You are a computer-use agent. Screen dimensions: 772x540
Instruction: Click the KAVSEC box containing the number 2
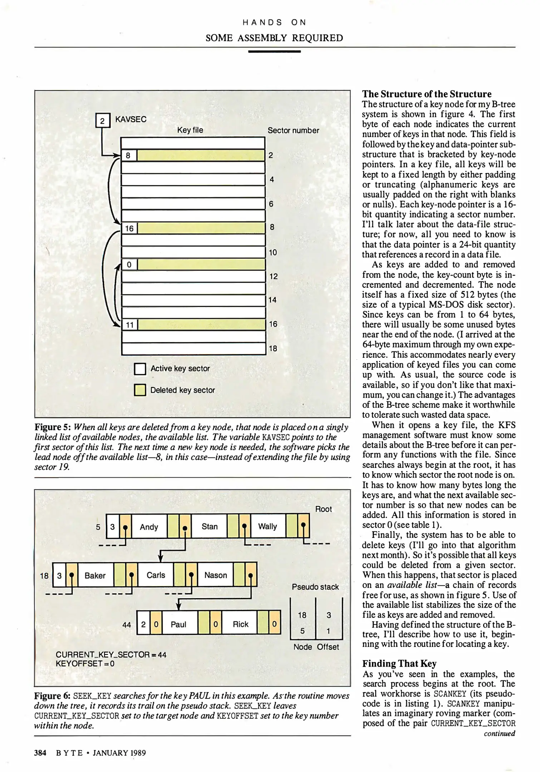click(102, 120)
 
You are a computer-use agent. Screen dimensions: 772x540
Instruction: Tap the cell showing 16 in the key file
click(129, 228)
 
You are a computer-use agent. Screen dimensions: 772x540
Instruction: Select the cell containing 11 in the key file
click(129, 325)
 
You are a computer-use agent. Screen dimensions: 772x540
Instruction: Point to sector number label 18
click(273, 348)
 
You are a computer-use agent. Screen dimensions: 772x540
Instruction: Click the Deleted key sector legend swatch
click(140, 390)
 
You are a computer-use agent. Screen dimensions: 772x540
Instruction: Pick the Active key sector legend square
click(140, 368)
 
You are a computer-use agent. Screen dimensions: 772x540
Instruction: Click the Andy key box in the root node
click(149, 527)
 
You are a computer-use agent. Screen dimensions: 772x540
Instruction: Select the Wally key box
click(268, 526)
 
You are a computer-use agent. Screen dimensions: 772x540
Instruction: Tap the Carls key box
click(156, 575)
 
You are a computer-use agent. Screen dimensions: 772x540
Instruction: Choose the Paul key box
click(178, 624)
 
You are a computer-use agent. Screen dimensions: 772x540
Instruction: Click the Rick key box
click(240, 624)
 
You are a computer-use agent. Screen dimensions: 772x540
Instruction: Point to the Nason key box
click(216, 575)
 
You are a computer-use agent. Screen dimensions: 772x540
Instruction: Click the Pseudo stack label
click(315, 587)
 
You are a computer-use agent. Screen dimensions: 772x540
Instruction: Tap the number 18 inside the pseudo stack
click(302, 615)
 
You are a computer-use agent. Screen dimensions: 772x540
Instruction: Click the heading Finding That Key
click(399, 664)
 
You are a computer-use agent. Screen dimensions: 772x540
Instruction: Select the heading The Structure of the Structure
click(427, 94)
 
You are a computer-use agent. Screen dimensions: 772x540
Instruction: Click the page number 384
click(40, 753)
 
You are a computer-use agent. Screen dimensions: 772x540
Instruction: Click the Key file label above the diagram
click(190, 130)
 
